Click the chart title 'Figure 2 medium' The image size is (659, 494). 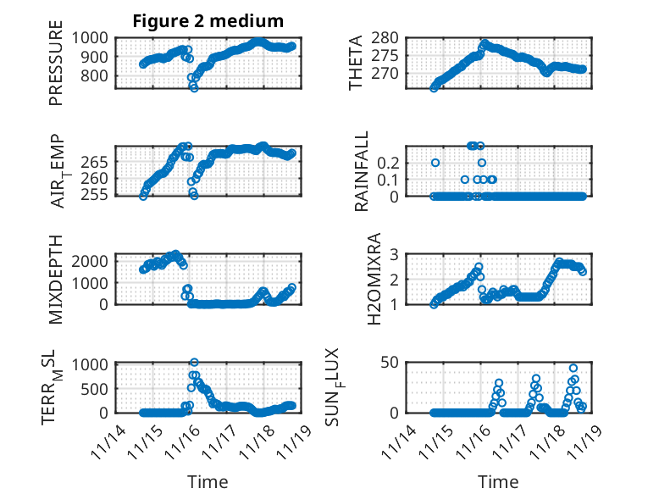click(208, 20)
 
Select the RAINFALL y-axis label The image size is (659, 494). click(363, 171)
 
